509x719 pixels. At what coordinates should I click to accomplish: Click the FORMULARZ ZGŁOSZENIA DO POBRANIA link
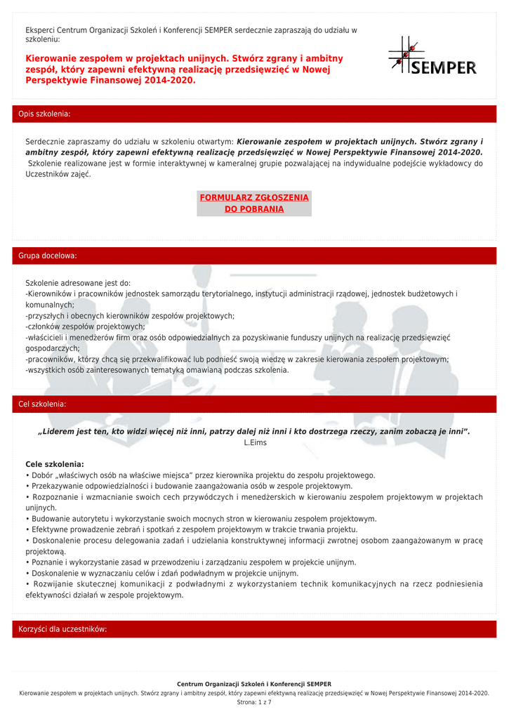click(x=254, y=203)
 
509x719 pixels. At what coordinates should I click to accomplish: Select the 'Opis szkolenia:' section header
click(x=44, y=114)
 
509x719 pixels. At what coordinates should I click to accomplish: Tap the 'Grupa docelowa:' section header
click(x=48, y=256)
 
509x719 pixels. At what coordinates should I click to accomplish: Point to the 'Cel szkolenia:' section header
click(x=42, y=404)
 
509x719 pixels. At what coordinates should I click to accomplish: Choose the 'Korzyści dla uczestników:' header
click(x=62, y=629)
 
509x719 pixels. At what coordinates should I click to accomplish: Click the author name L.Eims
click(x=255, y=443)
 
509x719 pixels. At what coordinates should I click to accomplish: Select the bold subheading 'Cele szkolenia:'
click(x=55, y=464)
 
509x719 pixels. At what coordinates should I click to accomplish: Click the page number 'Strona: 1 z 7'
click(x=254, y=702)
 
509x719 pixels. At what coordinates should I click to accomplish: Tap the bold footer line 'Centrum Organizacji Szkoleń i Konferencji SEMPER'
click(x=254, y=684)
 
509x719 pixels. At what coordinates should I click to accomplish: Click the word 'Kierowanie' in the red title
click(x=53, y=58)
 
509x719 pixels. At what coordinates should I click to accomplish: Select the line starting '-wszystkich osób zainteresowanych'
click(x=157, y=370)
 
